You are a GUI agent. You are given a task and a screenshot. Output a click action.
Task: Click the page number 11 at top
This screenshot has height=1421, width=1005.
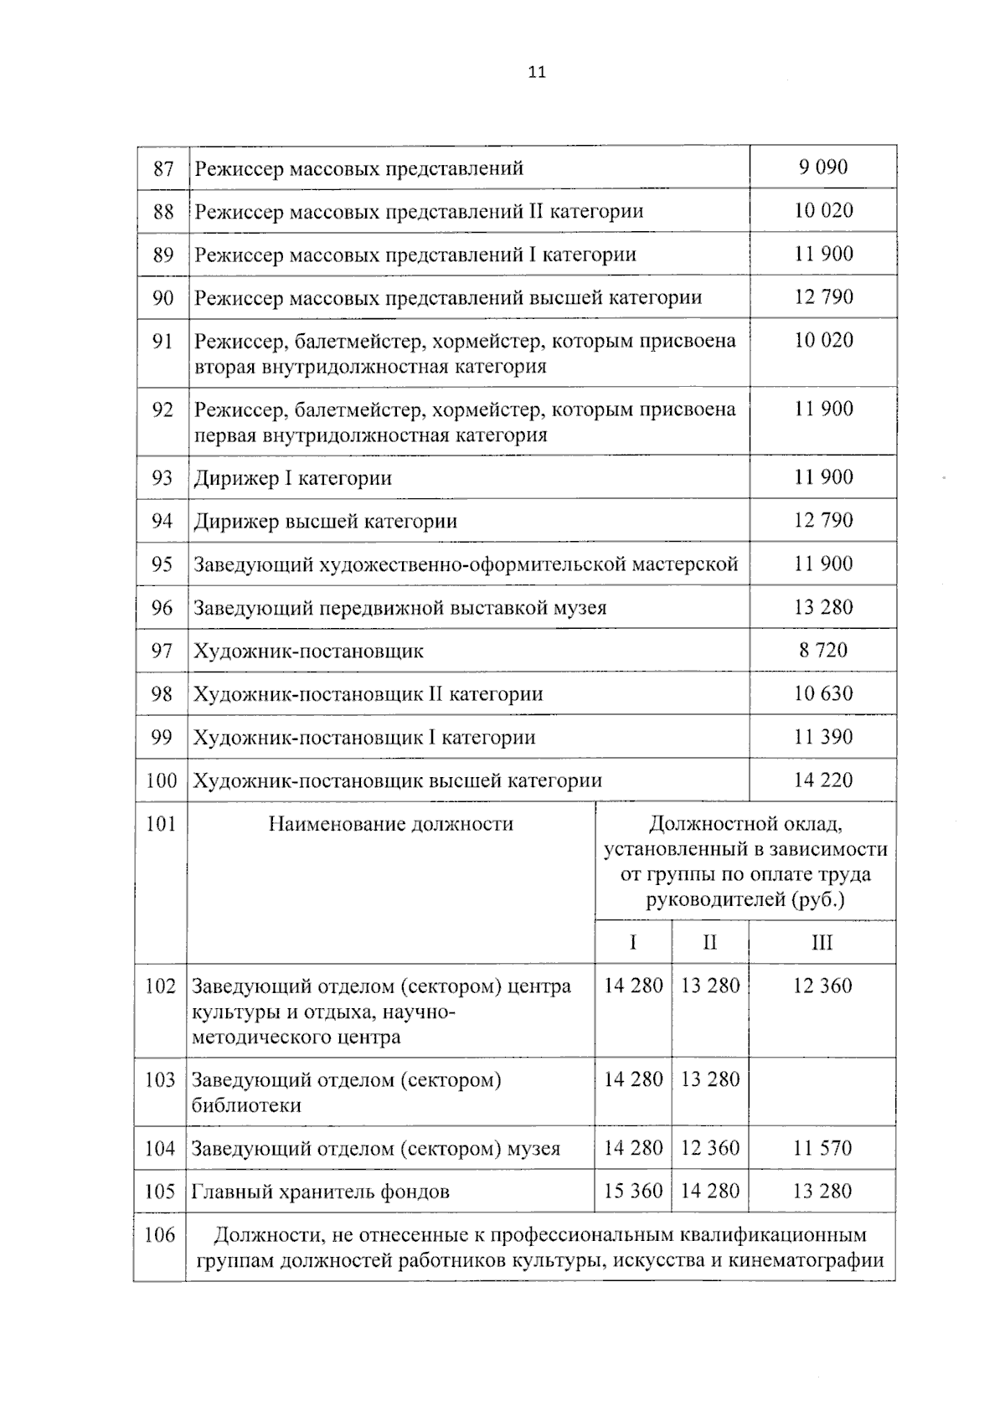537,72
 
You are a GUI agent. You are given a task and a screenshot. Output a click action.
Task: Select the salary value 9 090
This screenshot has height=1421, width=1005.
822,167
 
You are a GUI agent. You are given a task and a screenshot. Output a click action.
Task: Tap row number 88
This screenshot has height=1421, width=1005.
163,211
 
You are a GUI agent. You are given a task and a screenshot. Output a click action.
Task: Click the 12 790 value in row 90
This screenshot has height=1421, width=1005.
822,297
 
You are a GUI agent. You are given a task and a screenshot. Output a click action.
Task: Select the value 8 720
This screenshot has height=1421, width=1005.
822,651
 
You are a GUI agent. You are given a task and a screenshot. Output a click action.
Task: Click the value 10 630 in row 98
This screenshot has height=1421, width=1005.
822,694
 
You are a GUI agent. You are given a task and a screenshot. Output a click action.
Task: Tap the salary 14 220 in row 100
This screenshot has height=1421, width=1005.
822,780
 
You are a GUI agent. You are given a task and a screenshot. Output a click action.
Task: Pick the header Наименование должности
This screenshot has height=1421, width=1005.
390,824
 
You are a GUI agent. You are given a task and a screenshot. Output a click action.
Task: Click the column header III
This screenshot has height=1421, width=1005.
822,943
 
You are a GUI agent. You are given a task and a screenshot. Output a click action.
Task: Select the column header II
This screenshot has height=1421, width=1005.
709,943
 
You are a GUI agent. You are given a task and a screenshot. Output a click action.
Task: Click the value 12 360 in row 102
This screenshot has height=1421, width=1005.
822,986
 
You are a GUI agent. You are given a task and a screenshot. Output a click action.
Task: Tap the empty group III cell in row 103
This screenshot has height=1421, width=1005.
822,1091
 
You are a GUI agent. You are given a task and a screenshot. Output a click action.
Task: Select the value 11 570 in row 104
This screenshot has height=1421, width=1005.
822,1148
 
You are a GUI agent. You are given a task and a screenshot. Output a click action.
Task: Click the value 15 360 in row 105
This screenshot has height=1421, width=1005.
633,1192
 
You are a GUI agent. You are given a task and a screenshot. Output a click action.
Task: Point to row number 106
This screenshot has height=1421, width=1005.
160,1235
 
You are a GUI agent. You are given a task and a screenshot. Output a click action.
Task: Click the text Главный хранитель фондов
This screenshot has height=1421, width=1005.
320,1192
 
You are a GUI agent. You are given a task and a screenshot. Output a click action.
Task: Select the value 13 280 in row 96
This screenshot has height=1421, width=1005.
822,608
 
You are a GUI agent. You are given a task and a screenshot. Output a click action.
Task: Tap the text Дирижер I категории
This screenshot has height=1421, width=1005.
292,479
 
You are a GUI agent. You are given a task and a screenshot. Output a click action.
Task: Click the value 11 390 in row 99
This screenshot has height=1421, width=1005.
822,737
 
